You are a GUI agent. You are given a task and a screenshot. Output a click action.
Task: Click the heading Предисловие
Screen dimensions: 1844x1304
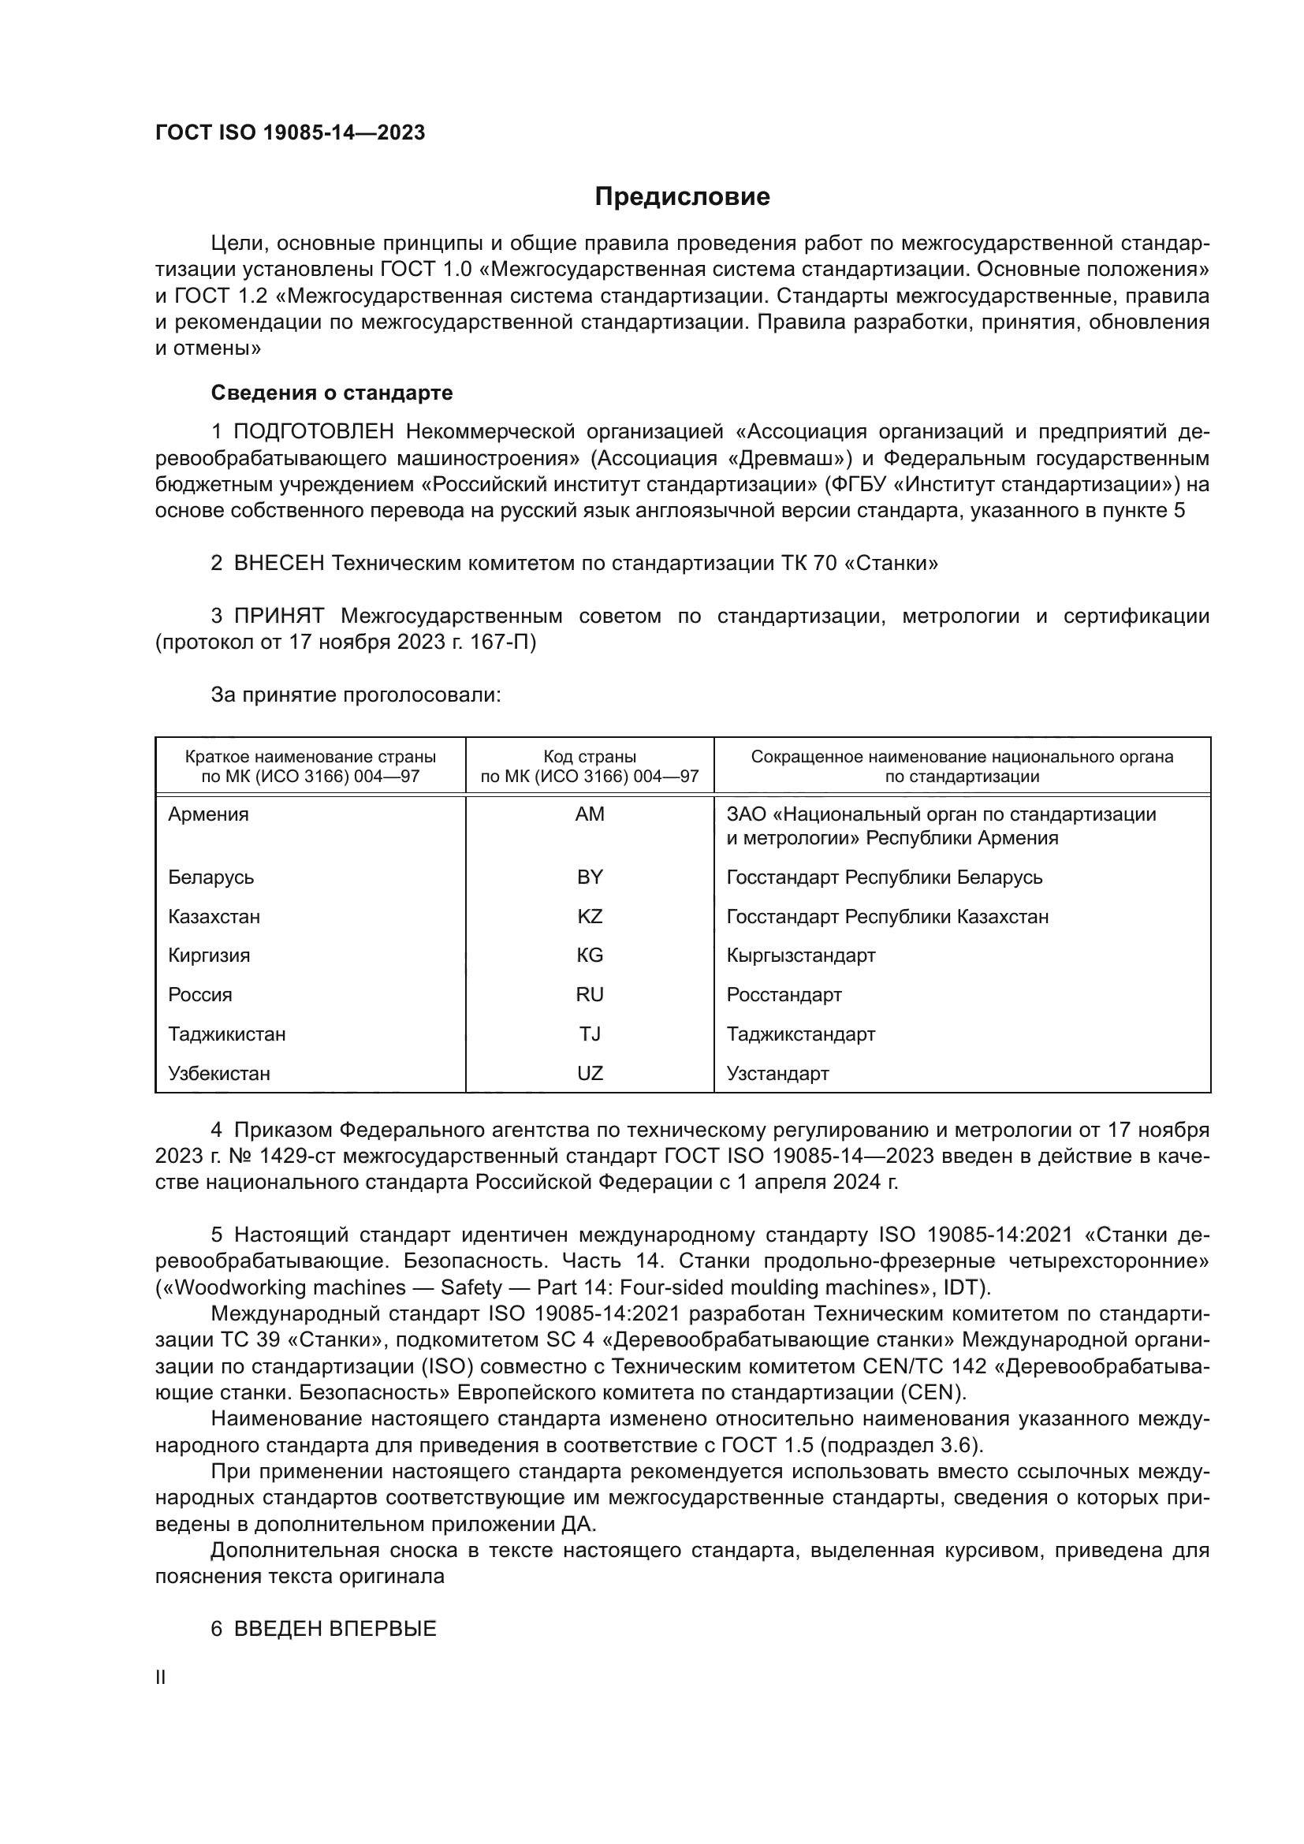(682, 197)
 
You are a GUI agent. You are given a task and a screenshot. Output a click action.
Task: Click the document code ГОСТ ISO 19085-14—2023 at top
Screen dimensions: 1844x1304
(290, 133)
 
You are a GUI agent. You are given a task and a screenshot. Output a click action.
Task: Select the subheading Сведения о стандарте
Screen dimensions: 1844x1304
(332, 393)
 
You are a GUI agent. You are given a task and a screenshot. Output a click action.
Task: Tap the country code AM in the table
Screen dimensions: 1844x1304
(590, 814)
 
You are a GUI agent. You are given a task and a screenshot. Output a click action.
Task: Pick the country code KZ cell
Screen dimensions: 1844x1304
(590, 916)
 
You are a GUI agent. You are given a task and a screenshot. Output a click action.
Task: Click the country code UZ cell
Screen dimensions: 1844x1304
(590, 1073)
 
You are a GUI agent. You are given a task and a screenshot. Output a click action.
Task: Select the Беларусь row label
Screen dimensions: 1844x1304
(211, 877)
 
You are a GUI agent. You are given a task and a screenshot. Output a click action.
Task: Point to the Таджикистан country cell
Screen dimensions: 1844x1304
(226, 1034)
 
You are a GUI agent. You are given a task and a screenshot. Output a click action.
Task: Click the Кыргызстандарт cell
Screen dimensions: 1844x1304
(800, 955)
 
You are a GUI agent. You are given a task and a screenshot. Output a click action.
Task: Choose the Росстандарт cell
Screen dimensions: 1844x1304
(784, 994)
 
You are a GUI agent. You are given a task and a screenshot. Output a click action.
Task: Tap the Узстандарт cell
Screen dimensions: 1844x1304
(777, 1073)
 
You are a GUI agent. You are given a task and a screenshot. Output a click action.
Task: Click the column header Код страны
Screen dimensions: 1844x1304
(590, 757)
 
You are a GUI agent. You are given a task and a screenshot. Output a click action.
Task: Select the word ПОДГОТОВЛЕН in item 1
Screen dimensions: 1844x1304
(314, 432)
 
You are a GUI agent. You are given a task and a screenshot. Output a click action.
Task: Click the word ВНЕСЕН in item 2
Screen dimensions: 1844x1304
(278, 563)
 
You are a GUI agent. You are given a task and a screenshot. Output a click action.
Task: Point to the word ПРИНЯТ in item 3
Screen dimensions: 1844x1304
(278, 616)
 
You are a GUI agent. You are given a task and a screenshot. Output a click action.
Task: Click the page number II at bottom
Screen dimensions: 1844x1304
(161, 1677)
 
